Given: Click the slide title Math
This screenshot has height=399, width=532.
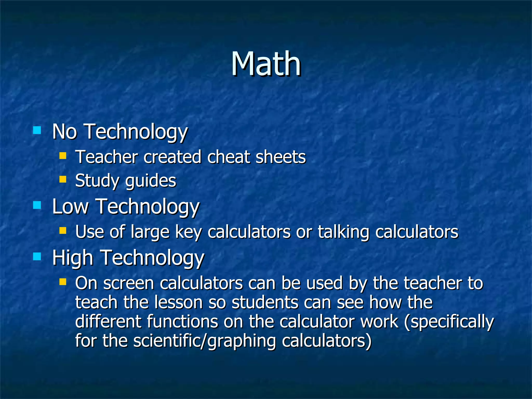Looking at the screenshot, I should (x=266, y=64).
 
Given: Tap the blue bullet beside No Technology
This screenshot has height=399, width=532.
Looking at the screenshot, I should (x=37, y=130).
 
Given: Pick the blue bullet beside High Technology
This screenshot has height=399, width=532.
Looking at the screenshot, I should (x=37, y=257).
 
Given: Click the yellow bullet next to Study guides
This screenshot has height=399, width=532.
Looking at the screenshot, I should (x=63, y=179).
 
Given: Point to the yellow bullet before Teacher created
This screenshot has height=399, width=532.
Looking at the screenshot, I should (x=63, y=156).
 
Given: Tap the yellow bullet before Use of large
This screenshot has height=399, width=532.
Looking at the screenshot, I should (x=63, y=230).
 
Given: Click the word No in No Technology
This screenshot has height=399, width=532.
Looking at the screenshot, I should (x=65, y=132).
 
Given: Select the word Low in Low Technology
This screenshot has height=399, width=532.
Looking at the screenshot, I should (x=70, y=207).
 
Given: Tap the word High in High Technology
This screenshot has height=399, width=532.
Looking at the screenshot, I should (x=73, y=258).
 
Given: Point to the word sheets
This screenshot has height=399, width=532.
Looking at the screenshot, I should (x=281, y=157).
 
